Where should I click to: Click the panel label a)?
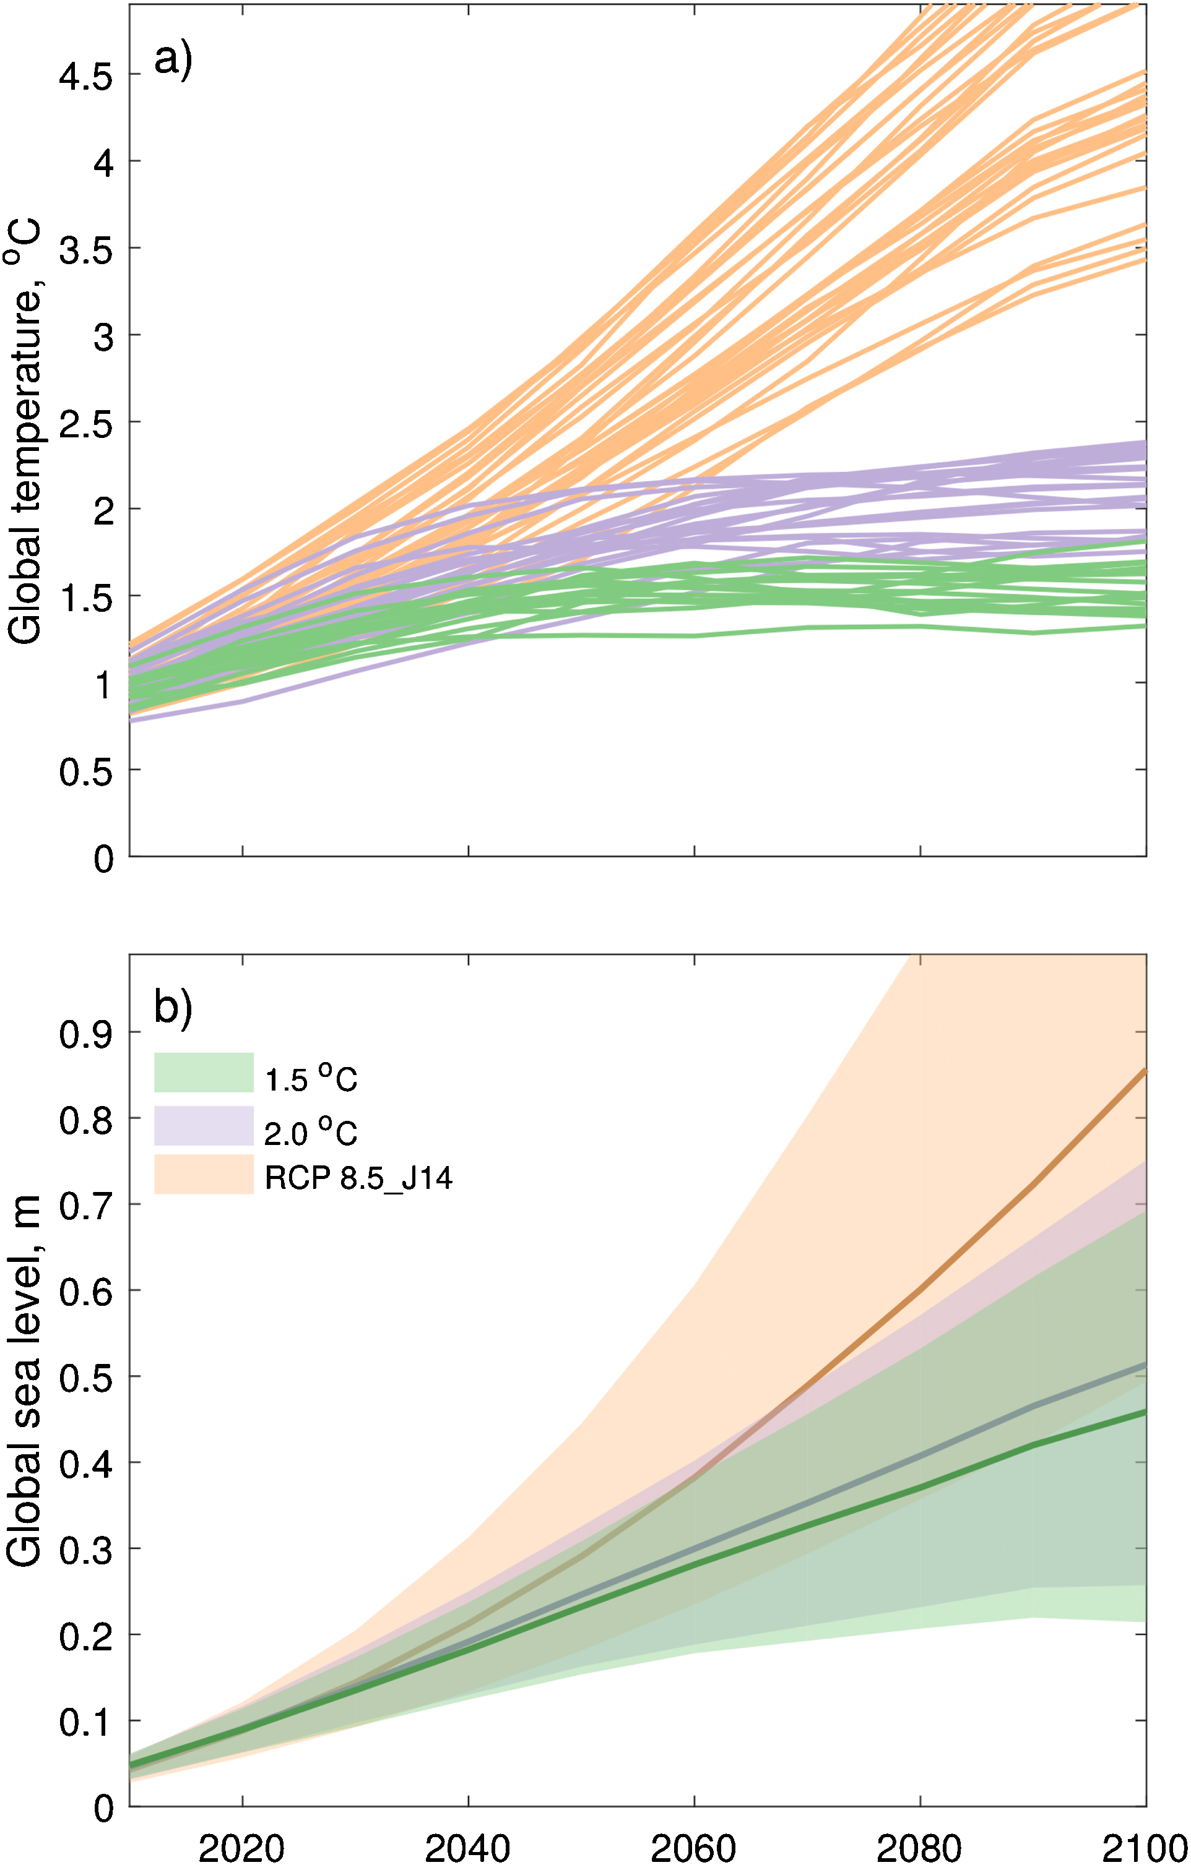pos(172,59)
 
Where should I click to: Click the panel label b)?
pos(172,1008)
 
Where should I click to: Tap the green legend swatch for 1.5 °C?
pos(204,1072)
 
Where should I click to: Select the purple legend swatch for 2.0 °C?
pos(204,1125)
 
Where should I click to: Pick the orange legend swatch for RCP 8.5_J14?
pos(204,1174)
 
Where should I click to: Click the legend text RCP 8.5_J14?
pos(358,1178)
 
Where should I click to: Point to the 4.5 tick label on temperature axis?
pos(86,77)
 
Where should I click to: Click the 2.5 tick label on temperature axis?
pos(86,424)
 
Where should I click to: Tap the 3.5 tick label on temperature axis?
pos(86,250)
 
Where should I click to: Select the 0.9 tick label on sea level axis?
pos(86,1034)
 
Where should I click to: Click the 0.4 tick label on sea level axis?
pos(86,1464)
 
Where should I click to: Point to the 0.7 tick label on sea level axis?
pos(86,1206)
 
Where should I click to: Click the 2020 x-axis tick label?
pos(242,1848)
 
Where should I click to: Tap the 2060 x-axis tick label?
pos(693,1848)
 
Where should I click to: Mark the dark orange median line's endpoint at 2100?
pos(1145,1072)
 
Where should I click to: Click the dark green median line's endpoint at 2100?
pos(1145,1413)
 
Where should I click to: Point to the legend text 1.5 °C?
pos(311,1078)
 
